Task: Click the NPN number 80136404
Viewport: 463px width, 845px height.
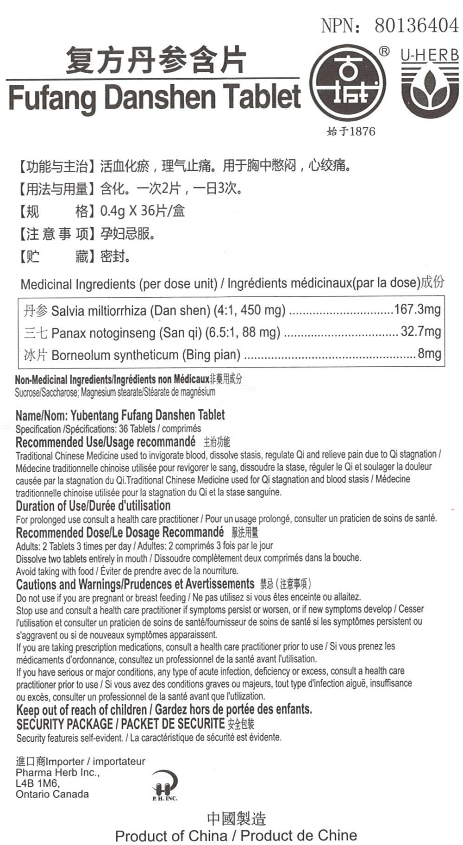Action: (x=416, y=25)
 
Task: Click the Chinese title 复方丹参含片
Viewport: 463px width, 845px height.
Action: (x=155, y=61)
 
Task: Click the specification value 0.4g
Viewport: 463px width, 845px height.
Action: (x=113, y=211)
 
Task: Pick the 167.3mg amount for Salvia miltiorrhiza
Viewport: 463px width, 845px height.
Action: (x=417, y=309)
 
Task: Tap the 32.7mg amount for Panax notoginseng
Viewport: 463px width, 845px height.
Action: (x=420, y=332)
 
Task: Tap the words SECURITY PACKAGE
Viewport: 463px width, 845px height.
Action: (x=64, y=724)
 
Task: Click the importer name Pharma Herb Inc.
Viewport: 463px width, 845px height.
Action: (x=57, y=772)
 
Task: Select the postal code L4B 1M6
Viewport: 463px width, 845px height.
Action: (x=38, y=783)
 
